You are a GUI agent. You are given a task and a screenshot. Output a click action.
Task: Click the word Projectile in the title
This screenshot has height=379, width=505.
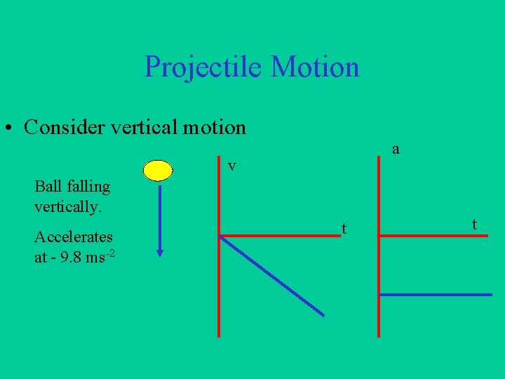[203, 67]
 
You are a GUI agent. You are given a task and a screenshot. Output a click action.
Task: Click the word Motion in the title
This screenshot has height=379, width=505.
[315, 67]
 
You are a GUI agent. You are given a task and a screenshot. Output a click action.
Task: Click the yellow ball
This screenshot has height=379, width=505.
[158, 171]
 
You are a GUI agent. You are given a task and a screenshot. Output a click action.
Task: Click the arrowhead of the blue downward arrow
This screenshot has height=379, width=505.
[160, 253]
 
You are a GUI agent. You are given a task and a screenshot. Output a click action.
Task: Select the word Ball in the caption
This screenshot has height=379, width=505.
[47, 187]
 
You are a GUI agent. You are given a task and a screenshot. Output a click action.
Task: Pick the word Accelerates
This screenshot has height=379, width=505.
[74, 237]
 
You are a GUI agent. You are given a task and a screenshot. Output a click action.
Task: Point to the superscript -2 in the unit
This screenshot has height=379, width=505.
[110, 253]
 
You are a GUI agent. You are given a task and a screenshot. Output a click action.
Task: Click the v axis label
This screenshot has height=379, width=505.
[231, 166]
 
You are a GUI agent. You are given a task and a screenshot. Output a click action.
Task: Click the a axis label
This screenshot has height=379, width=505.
[396, 149]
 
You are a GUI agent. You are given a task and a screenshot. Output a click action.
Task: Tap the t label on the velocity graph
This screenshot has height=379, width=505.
[344, 228]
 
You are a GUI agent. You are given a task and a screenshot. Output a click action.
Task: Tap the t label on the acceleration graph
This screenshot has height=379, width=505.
[475, 225]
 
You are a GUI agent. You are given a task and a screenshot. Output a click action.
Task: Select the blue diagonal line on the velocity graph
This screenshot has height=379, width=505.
[272, 276]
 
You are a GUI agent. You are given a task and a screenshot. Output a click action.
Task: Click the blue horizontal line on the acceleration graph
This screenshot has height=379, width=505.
[435, 295]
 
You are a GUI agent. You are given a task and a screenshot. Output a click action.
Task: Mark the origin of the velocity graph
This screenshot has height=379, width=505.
[220, 236]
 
